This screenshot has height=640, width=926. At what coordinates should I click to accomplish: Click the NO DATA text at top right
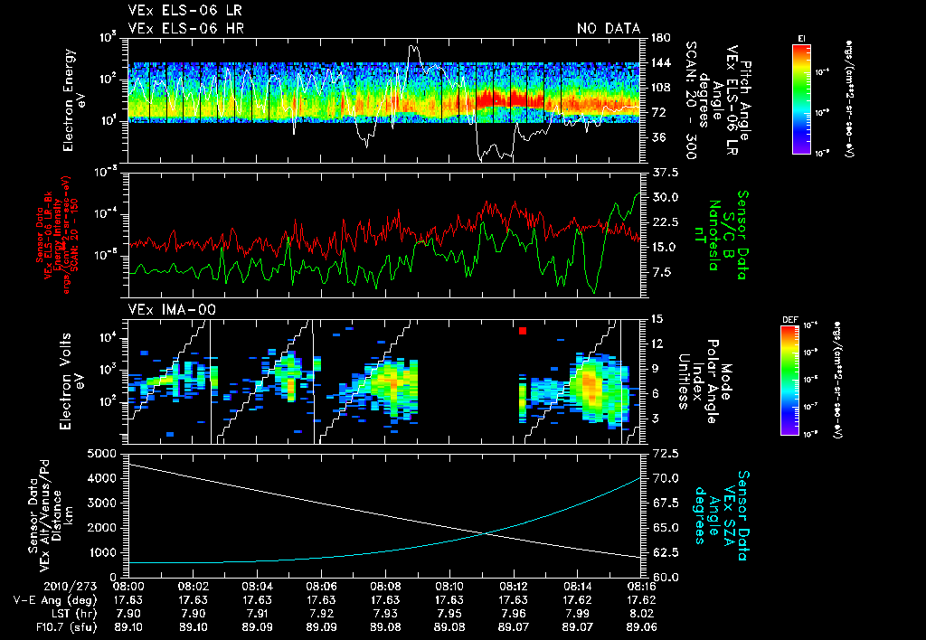pos(608,29)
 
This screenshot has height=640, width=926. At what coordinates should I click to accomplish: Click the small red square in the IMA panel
pos(523,332)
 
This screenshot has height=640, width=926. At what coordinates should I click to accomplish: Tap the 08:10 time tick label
pos(449,586)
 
